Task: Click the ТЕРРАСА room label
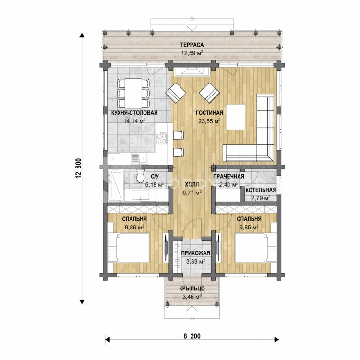(192, 45)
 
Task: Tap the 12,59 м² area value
(192, 53)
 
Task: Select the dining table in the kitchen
(133, 93)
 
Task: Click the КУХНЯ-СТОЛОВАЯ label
(134, 113)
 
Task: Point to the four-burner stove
(162, 138)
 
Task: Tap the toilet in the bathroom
(140, 176)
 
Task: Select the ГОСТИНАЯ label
(209, 113)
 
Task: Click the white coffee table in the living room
(236, 117)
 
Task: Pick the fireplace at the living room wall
(192, 72)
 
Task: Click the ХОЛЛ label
(192, 184)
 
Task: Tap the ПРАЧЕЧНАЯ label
(228, 176)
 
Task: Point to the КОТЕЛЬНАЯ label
(261, 190)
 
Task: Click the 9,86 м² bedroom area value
(134, 228)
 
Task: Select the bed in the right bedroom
(255, 248)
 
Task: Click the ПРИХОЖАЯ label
(196, 253)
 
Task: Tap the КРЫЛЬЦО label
(192, 288)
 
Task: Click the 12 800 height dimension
(78, 168)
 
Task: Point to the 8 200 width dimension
(192, 336)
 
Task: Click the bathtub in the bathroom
(116, 185)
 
